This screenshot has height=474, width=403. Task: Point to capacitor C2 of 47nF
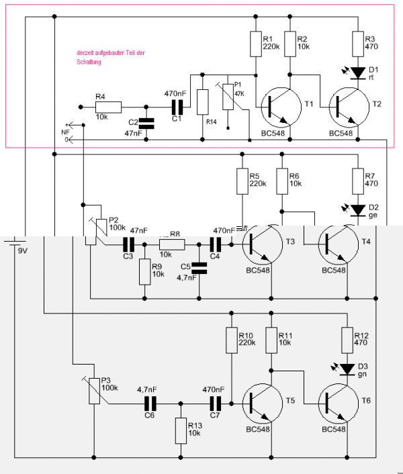point(146,123)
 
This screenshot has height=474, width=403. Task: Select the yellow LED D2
point(357,209)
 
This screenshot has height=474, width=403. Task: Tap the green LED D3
point(346,369)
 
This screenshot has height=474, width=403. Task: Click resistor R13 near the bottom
point(181,430)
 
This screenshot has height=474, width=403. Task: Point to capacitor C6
point(148,403)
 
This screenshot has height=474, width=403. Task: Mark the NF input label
point(65,132)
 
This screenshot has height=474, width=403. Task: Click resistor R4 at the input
point(108,106)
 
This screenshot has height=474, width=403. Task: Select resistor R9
point(144,271)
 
